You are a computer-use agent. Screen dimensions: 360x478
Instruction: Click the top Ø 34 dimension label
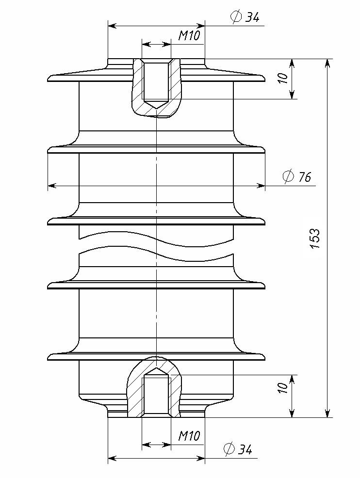pos(245,17)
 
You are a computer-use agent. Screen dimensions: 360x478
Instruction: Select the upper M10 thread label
pos(189,36)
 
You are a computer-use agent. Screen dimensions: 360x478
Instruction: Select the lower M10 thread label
pos(189,436)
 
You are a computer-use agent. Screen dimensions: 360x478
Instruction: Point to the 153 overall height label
pos(315,238)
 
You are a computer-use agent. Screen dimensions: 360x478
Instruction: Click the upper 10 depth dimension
pos(283,79)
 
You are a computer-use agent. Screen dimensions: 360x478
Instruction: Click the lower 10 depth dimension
pos(283,388)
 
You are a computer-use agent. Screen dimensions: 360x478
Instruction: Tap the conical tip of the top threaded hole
pos(156,109)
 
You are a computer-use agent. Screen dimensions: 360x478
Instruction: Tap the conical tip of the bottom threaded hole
pos(156,367)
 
